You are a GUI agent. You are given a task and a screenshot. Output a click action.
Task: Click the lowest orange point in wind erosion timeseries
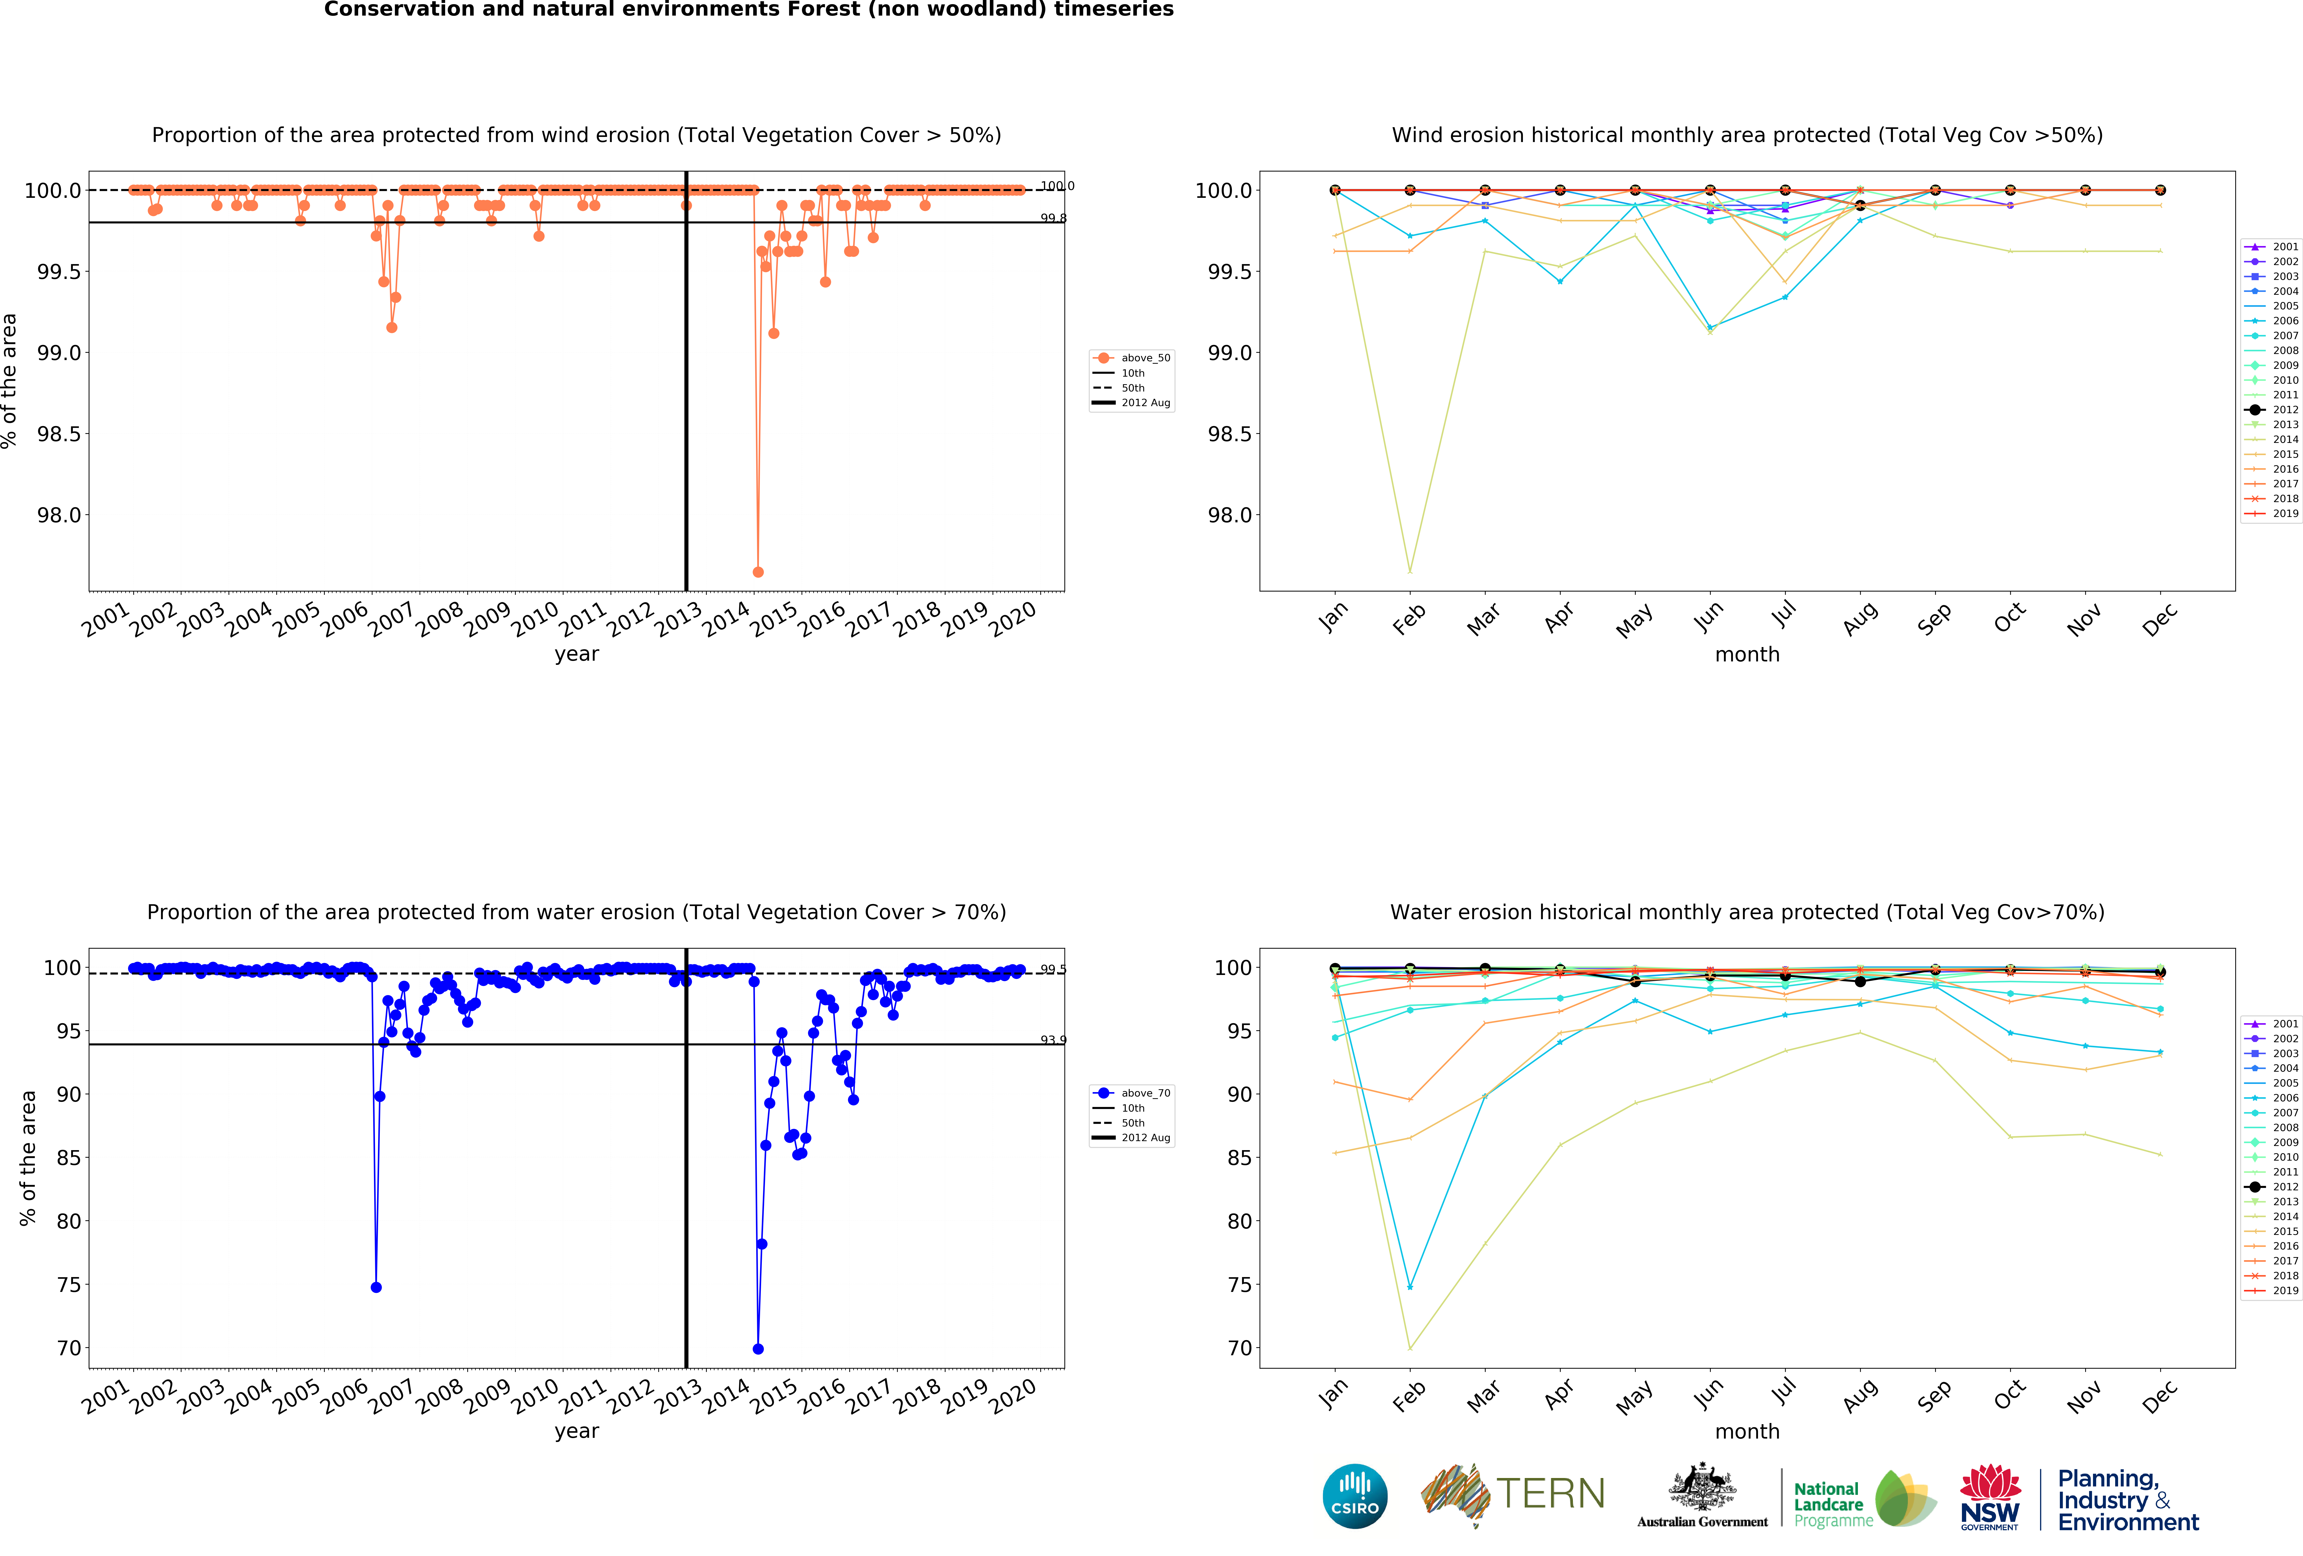click(x=758, y=572)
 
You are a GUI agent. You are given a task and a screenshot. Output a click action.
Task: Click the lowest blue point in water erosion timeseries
click(x=758, y=1349)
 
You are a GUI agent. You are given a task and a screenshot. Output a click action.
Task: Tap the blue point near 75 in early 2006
click(x=376, y=1288)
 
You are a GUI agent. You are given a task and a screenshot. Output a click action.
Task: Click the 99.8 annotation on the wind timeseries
click(x=1052, y=218)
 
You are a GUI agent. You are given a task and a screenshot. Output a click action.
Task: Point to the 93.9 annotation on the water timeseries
click(x=1052, y=1040)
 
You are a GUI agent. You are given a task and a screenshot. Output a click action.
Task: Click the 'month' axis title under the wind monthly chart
click(x=1747, y=654)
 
